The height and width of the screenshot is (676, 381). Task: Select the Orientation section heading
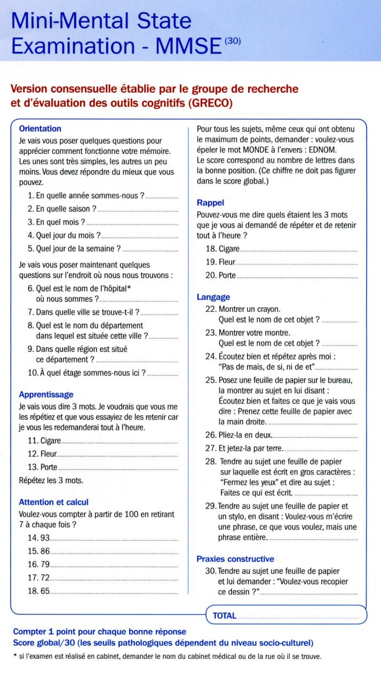click(x=40, y=128)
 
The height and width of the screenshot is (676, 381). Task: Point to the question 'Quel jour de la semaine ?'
click(x=78, y=248)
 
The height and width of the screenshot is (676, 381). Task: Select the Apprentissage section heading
click(x=46, y=395)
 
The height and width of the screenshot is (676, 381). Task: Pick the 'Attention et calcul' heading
click(x=53, y=502)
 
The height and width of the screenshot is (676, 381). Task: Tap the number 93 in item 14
click(x=45, y=538)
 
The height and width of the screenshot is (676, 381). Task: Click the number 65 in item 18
click(x=45, y=591)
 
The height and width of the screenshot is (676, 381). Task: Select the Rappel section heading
click(x=210, y=203)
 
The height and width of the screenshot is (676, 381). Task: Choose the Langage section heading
click(x=213, y=297)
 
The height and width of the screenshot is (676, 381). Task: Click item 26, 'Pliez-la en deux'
click(x=245, y=434)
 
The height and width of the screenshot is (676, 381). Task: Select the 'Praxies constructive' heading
click(x=235, y=559)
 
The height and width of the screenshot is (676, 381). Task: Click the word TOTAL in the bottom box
click(x=224, y=616)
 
